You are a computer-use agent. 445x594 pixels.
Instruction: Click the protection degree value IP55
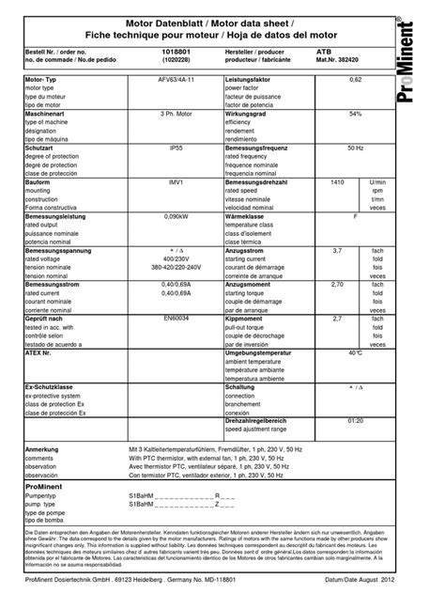pyautogui.click(x=176, y=147)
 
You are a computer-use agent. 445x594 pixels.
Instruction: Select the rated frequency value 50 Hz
pyautogui.click(x=355, y=147)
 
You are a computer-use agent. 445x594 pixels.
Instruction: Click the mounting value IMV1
pyautogui.click(x=176, y=180)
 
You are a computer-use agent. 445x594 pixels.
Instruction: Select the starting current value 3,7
pyautogui.click(x=339, y=249)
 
